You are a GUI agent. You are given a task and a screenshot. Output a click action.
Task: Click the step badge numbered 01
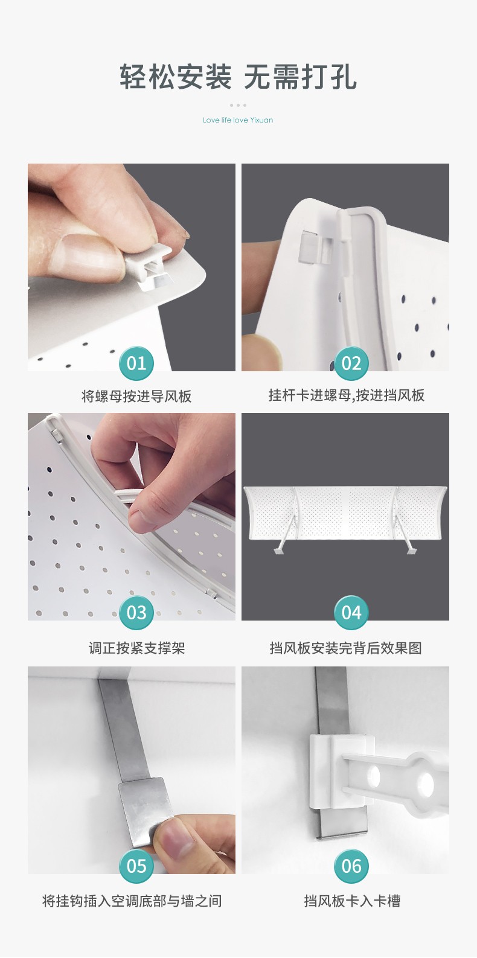coord(136,363)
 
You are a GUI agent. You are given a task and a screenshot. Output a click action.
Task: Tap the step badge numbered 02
coord(351,363)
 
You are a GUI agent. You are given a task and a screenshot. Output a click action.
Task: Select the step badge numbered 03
coord(136,613)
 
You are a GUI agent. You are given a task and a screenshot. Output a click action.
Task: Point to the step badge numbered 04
coord(351,613)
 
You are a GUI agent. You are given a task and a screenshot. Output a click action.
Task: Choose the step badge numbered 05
coord(136,866)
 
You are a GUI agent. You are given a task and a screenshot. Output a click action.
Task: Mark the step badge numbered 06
coord(351,866)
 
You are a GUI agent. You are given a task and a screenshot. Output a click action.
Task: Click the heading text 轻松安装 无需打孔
coord(238,77)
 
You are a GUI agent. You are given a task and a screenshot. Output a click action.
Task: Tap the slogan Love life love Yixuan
coord(238,120)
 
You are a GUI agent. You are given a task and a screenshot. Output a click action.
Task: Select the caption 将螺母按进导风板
coord(136,396)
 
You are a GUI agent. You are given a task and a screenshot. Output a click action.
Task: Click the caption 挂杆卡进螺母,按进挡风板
coord(347,395)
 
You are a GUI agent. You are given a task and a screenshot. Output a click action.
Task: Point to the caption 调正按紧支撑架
coord(136,648)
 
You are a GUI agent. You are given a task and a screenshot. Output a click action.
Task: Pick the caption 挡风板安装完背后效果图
coord(345,648)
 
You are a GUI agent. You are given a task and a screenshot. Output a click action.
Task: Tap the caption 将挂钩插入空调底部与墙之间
coord(132,901)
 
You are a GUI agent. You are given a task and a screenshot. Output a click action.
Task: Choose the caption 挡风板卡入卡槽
coord(352,901)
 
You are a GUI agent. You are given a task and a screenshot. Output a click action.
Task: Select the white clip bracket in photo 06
coord(340,773)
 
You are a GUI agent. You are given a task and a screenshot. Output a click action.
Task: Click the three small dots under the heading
coord(238,105)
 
